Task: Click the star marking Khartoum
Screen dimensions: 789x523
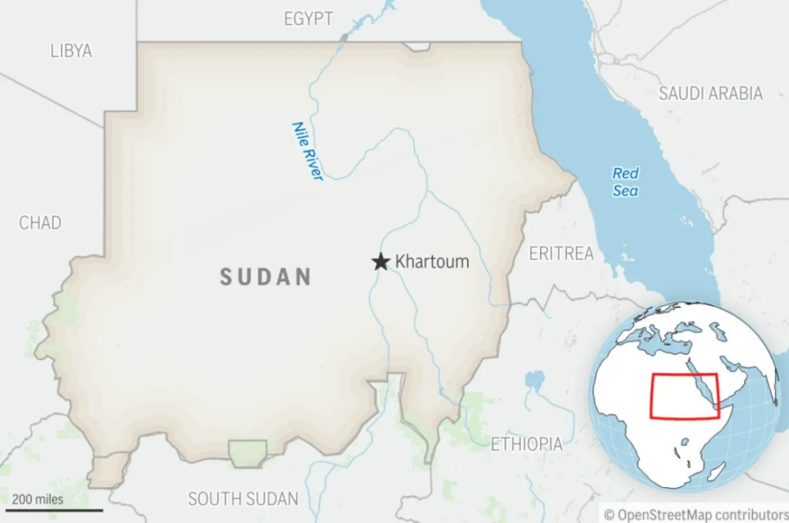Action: pyautogui.click(x=380, y=261)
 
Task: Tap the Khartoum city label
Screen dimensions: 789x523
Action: pyautogui.click(x=432, y=261)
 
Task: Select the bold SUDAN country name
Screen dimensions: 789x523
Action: pyautogui.click(x=266, y=277)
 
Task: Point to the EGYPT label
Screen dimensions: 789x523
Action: pyautogui.click(x=308, y=19)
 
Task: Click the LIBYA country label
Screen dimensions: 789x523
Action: pyautogui.click(x=71, y=51)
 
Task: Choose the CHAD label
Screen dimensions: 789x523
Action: pyautogui.click(x=40, y=223)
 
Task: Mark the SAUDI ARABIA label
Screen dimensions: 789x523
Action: pyautogui.click(x=711, y=94)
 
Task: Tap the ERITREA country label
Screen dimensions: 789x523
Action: pyautogui.click(x=561, y=254)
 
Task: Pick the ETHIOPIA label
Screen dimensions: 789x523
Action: pyautogui.click(x=527, y=445)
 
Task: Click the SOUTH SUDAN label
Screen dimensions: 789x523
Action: pyautogui.click(x=243, y=499)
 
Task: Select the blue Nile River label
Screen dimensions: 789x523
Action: pyautogui.click(x=307, y=152)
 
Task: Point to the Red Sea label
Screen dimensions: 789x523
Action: pyautogui.click(x=625, y=182)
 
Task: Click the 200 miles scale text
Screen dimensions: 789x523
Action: pyautogui.click(x=37, y=499)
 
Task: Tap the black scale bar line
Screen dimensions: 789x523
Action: pyautogui.click(x=54, y=510)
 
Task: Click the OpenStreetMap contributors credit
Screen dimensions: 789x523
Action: pyautogui.click(x=696, y=515)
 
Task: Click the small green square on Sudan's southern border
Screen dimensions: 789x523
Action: pyautogui.click(x=247, y=453)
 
